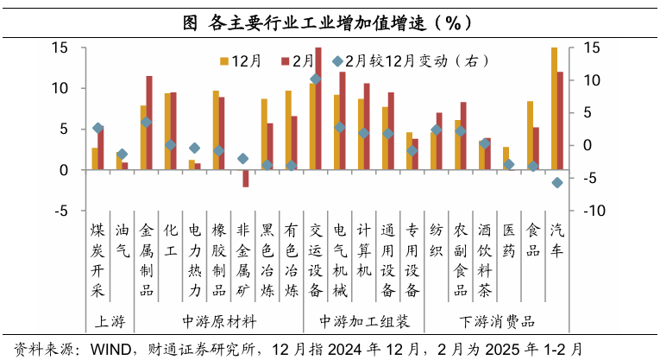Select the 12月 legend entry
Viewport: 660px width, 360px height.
242,60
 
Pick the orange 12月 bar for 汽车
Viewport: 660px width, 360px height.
554,108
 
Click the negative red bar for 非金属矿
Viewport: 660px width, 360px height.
246,178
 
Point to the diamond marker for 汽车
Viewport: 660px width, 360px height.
557,182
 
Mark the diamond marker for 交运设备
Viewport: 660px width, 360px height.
316,79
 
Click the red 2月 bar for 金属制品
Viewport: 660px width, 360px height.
149,123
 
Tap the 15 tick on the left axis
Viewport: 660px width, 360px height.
60,47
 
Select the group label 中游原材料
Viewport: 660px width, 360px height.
220,322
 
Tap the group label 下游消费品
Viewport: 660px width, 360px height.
497,322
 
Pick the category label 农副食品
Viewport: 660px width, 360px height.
461,259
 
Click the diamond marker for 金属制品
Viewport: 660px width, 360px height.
147,123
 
